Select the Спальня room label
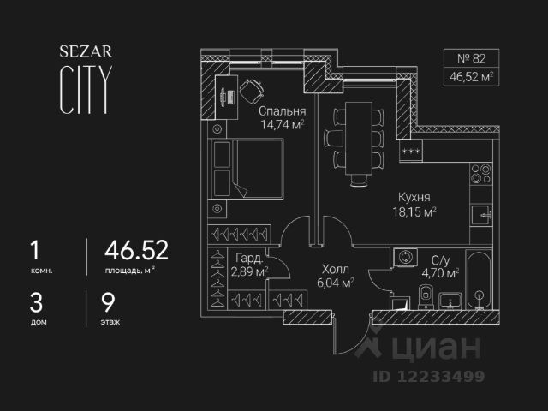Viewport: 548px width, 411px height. tap(282, 112)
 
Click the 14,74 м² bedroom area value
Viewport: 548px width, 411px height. tap(283, 126)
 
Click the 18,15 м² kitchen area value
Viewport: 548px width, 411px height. tap(414, 211)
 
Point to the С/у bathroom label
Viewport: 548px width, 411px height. tap(441, 260)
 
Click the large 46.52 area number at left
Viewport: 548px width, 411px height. tap(136, 250)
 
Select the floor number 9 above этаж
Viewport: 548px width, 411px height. tap(108, 302)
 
